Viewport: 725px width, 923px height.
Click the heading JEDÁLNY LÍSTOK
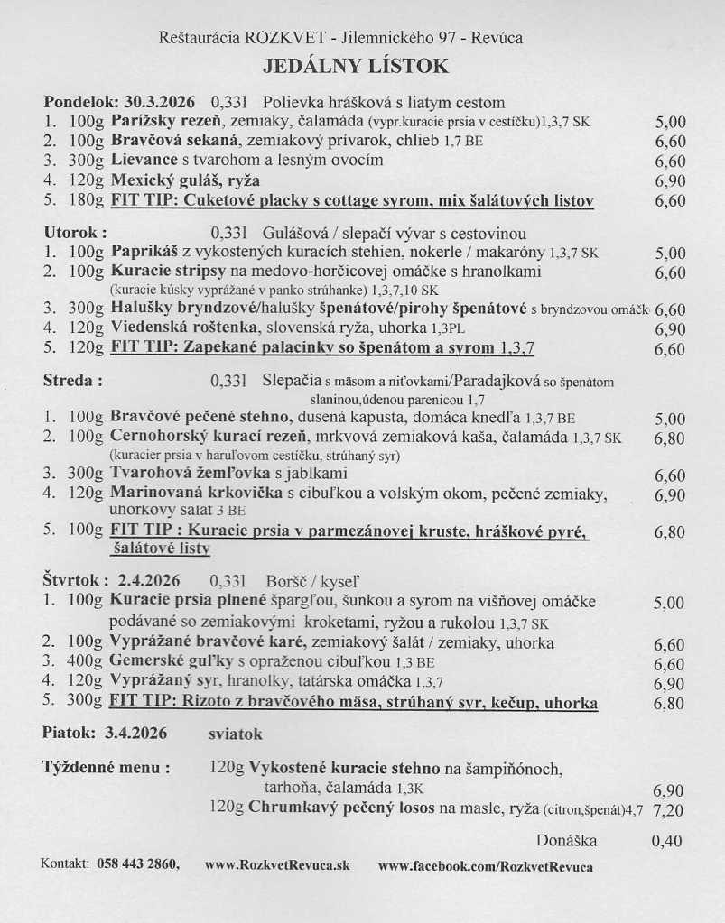tap(355, 66)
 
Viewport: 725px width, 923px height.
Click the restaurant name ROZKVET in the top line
tap(266, 38)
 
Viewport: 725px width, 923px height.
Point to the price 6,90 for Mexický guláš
tap(670, 181)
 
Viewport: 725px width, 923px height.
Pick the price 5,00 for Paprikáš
tap(670, 254)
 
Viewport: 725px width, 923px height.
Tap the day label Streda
tap(72, 381)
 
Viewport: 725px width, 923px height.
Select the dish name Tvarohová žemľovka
tap(185, 473)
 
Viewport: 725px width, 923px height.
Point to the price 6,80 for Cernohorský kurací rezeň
tap(670, 438)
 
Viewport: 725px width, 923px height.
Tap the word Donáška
tap(566, 840)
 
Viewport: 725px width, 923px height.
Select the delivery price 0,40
tap(667, 841)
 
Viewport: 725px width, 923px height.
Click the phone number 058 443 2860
tap(137, 864)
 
